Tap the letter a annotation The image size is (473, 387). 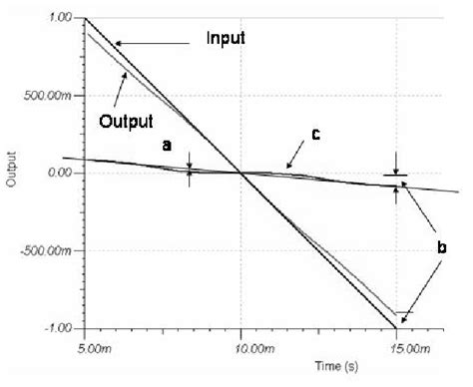pyautogui.click(x=168, y=146)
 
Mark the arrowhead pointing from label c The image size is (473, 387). pyautogui.click(x=287, y=167)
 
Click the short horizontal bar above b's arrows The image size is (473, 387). pyautogui.click(x=397, y=176)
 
